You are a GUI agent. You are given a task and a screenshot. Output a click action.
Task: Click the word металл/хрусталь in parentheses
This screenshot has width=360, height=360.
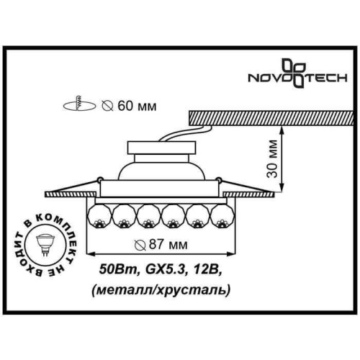pyautogui.click(x=161, y=289)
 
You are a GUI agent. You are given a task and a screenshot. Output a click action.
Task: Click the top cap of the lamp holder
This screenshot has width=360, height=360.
pyautogui.click(x=161, y=148)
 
